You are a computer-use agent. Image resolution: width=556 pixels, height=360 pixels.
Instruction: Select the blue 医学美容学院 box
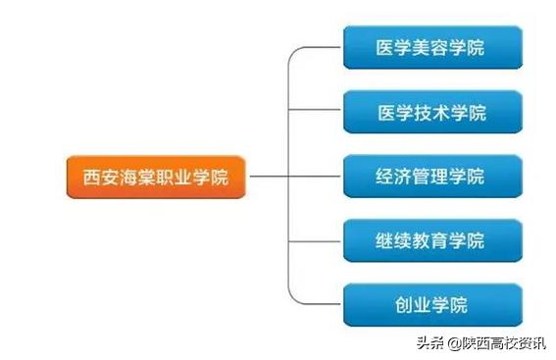click(x=431, y=47)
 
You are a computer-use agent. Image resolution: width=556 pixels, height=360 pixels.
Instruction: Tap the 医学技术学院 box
click(x=431, y=112)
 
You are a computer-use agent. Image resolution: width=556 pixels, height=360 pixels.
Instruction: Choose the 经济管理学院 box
click(x=431, y=178)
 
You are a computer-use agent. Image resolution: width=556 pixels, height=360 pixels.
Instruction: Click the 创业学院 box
click(x=431, y=305)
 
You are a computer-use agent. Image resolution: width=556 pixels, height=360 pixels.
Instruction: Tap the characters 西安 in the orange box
click(x=96, y=179)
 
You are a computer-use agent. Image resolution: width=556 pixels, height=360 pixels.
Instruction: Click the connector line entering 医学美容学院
click(x=319, y=47)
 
